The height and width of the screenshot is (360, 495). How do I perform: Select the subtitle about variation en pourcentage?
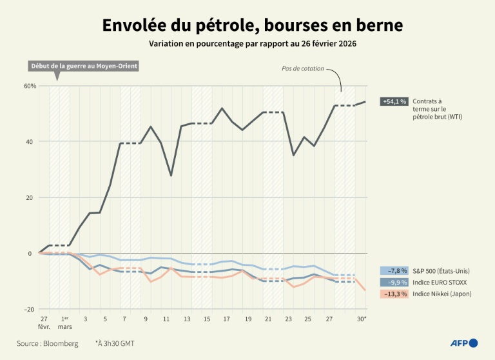[x=253, y=45]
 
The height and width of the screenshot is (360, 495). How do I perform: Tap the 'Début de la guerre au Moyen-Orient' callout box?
[x=84, y=66]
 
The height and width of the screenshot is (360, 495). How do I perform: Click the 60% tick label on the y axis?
[x=30, y=86]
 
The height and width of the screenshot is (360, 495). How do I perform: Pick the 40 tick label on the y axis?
[x=31, y=142]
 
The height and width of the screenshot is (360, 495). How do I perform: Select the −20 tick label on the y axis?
[x=29, y=310]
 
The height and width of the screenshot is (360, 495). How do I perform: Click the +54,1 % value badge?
[x=394, y=101]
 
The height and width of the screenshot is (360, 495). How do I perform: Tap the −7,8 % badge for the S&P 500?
[x=394, y=271]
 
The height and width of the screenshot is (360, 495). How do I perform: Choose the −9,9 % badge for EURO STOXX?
[x=394, y=283]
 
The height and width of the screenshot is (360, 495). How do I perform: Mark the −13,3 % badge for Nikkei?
[x=394, y=294]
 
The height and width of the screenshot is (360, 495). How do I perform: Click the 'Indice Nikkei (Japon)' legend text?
[x=443, y=294]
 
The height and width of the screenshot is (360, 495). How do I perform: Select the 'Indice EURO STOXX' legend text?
[x=440, y=283]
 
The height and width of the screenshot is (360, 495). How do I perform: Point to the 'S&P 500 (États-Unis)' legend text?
[x=443, y=271]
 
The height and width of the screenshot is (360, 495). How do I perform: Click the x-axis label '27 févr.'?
[x=44, y=323]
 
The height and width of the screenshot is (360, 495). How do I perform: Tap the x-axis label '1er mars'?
[x=64, y=323]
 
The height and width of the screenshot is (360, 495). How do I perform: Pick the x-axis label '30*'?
[x=362, y=319]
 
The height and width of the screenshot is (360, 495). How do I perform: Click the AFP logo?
[x=464, y=343]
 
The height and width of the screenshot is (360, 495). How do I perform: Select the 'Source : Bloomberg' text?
[x=48, y=343]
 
